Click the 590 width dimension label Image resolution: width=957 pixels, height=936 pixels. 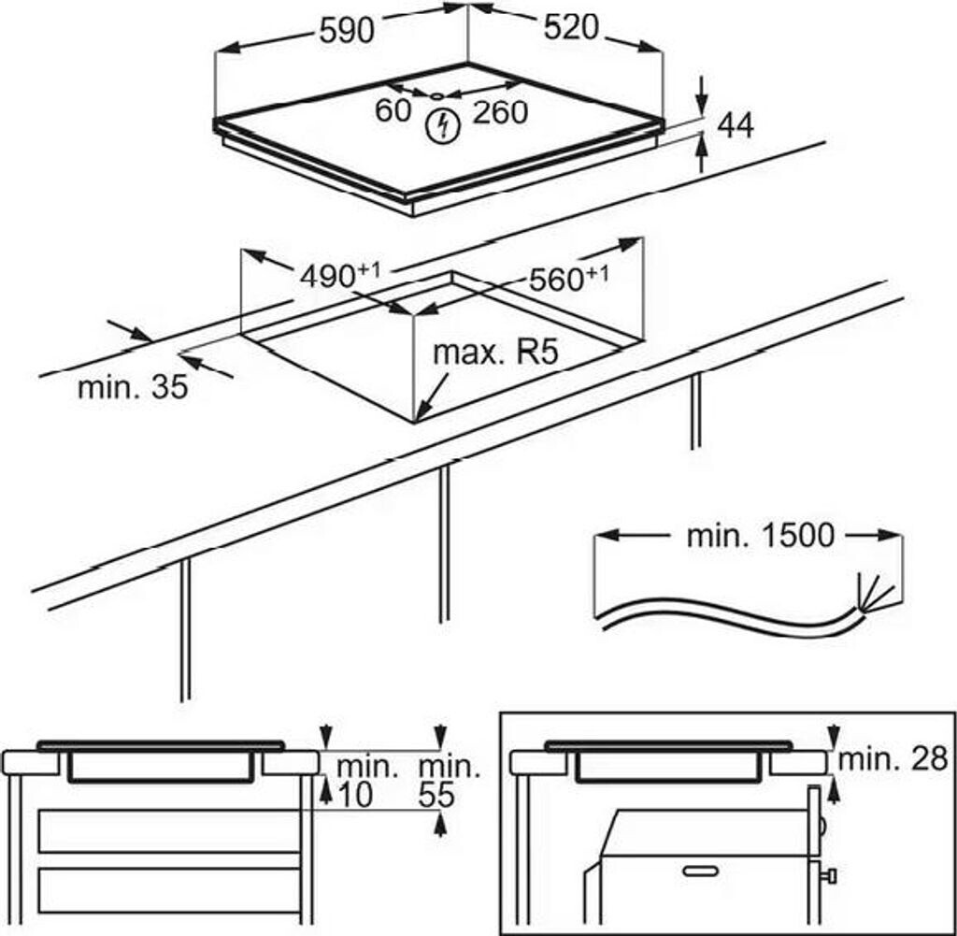click(x=346, y=30)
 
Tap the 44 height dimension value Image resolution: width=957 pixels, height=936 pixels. click(x=736, y=125)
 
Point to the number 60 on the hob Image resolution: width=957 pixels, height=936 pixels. click(x=393, y=110)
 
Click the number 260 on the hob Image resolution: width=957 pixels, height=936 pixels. click(x=500, y=113)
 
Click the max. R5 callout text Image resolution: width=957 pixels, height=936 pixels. click(x=494, y=353)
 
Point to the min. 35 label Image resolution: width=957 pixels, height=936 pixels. click(x=133, y=386)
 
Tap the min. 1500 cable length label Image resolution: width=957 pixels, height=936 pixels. click(x=759, y=536)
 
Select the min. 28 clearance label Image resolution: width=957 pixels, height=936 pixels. click(x=893, y=759)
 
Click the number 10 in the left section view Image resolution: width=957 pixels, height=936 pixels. click(x=354, y=795)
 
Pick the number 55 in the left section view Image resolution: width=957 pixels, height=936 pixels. click(x=435, y=795)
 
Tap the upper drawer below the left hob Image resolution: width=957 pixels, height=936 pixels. click(x=168, y=831)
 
